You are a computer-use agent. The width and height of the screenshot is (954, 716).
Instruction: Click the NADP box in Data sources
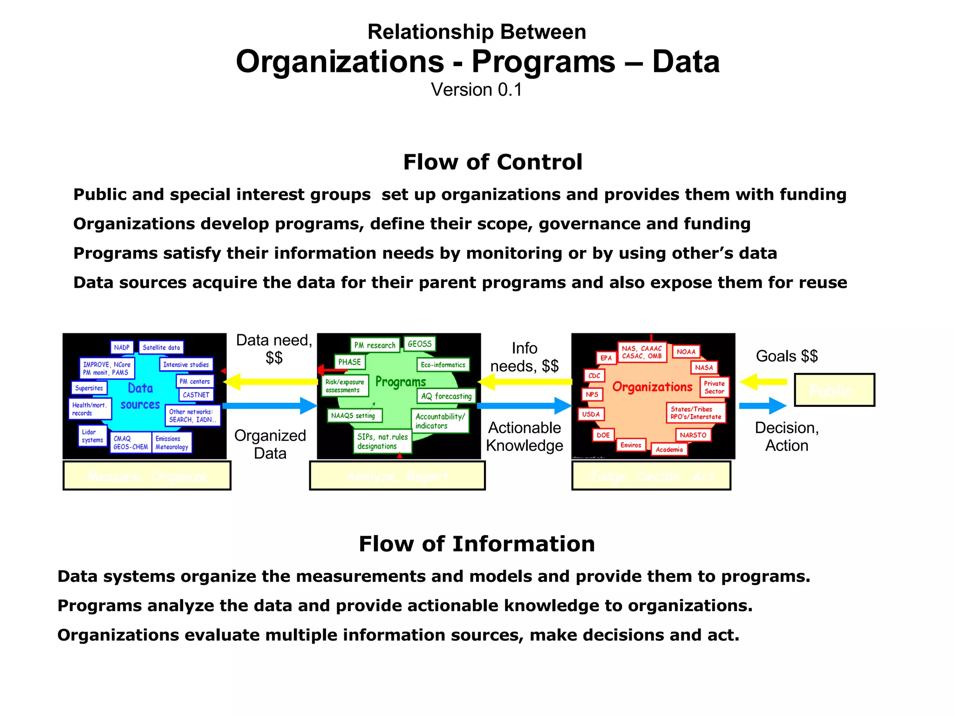[x=122, y=347]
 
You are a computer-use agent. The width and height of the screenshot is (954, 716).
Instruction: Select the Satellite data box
[x=161, y=347]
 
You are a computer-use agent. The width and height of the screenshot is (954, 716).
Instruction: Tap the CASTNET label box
[x=196, y=395]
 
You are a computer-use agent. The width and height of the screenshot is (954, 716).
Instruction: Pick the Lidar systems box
[x=92, y=436]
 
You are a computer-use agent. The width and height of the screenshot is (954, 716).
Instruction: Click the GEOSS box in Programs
[x=419, y=344]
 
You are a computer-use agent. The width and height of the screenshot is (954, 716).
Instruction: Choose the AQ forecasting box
[x=446, y=396]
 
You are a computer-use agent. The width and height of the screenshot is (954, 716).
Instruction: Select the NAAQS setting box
[x=353, y=415]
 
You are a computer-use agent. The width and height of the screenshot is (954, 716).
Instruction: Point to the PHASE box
[x=349, y=362]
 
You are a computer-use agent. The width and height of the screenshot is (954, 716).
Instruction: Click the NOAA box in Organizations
[x=686, y=351]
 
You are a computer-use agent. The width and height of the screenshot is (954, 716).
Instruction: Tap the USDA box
[x=591, y=414]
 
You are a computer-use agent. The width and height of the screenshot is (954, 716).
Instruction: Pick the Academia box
[x=669, y=449]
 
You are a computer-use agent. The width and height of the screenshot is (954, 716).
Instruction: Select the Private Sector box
[x=714, y=387]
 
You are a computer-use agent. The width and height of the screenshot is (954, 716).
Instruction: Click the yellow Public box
[x=834, y=390]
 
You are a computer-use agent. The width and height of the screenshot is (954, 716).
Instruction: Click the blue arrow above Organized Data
[x=270, y=406]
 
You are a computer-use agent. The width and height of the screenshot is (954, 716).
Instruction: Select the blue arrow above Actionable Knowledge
[x=525, y=406]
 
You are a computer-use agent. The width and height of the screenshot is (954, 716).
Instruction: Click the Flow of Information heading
[x=477, y=544]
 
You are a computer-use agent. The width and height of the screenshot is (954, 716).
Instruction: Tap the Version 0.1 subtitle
[x=477, y=89]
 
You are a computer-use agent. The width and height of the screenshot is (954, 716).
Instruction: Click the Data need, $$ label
[x=274, y=349]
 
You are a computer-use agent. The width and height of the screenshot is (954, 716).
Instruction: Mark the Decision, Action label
[x=787, y=436]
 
